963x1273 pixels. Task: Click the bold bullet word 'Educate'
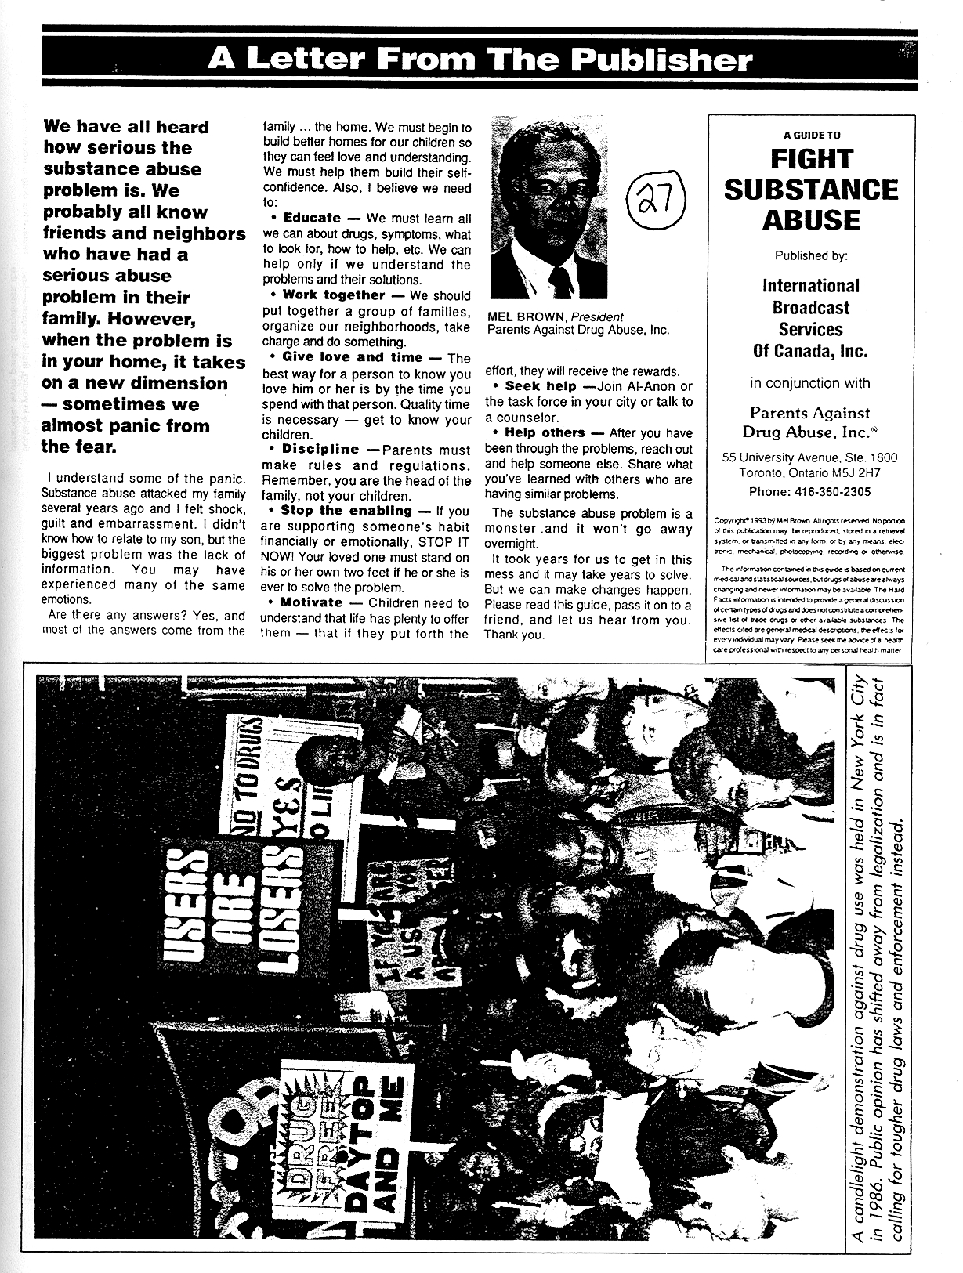(311, 219)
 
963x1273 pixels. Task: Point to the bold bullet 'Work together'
(333, 295)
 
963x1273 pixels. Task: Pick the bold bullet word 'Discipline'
(320, 450)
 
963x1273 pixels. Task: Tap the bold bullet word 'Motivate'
(311, 603)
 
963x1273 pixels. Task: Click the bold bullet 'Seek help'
(541, 386)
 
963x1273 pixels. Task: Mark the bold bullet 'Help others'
(545, 433)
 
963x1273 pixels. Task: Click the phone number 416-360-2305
(810, 492)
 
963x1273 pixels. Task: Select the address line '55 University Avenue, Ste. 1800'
(810, 457)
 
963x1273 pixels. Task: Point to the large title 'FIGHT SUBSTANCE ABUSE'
(810, 189)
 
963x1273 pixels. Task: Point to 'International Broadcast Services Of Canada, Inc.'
(810, 318)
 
